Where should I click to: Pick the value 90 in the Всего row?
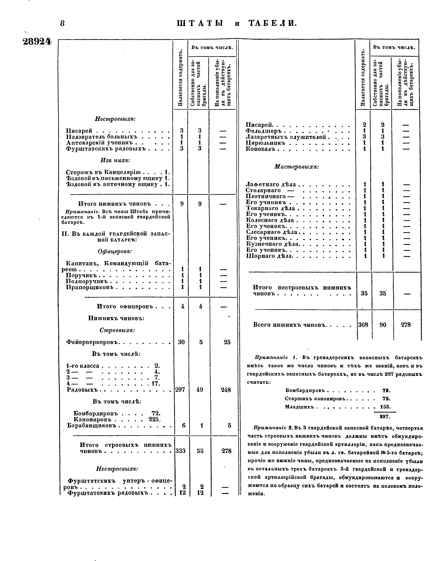point(383,325)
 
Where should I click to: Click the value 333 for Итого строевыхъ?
point(181,451)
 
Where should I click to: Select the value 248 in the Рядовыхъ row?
point(226,390)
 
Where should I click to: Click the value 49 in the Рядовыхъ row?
point(200,390)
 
